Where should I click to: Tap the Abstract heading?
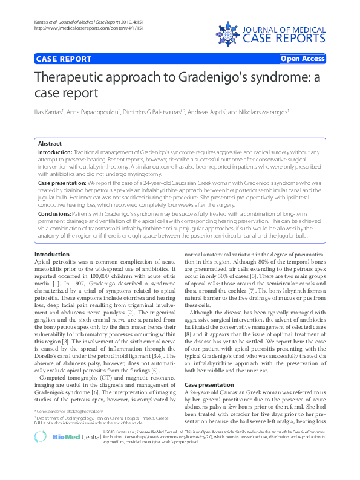[x=50, y=144]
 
